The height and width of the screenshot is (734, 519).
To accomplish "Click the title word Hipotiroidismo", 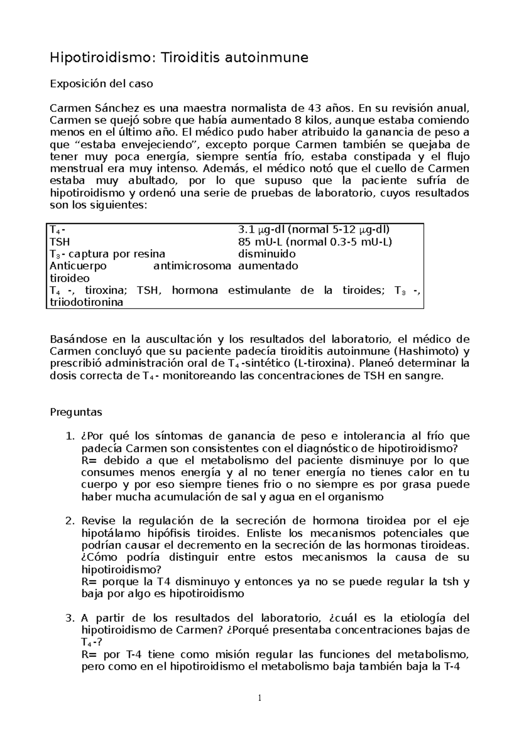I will coord(100,57).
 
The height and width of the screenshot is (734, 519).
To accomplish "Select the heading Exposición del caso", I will coord(102,84).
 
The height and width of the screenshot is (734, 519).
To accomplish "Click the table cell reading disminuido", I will coord(267,254).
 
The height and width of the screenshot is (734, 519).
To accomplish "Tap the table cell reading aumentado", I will coord(268,266).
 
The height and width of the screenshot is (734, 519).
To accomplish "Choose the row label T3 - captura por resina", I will coord(107,254).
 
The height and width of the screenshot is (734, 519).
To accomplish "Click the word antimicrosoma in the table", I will coord(192,266).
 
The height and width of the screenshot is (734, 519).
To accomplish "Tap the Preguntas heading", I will coord(76,412).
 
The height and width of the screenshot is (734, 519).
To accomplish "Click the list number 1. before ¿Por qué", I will coord(70,436).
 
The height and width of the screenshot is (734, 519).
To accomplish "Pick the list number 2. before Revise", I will coord(70,520).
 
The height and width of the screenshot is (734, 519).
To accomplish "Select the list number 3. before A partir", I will coord(70,618).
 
